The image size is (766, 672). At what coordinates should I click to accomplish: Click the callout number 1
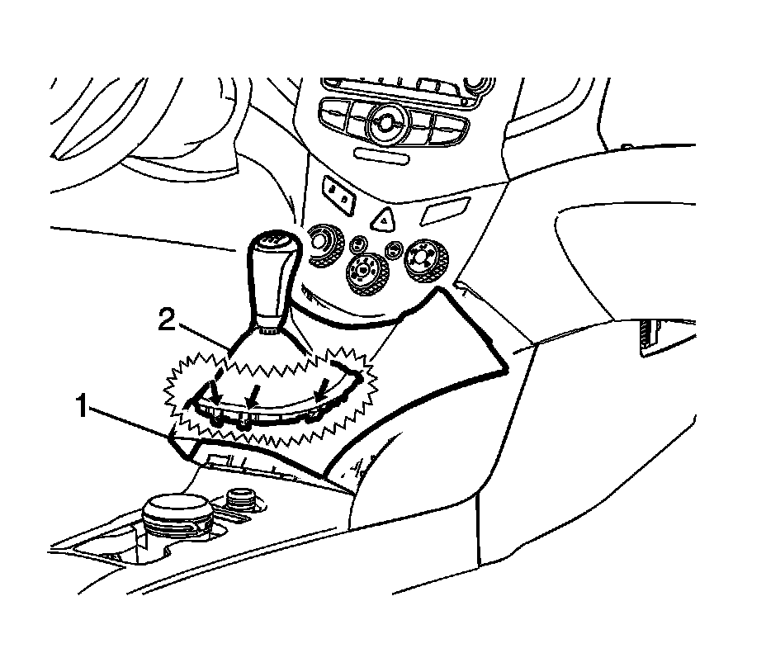click(82, 406)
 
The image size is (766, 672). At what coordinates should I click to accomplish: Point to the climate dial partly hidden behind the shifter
click(319, 244)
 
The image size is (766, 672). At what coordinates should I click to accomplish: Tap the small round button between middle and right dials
click(395, 247)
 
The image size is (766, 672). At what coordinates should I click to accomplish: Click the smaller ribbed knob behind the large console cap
click(240, 499)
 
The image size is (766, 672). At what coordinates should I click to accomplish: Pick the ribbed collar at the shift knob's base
click(267, 331)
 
